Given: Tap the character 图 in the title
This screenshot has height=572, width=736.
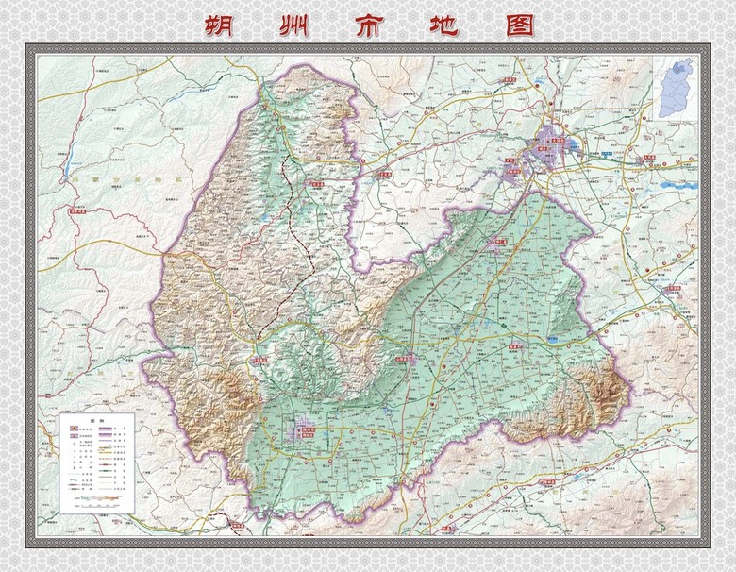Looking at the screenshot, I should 519,25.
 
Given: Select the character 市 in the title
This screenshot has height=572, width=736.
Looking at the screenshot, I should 370,25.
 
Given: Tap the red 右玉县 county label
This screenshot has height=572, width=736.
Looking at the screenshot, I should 315,185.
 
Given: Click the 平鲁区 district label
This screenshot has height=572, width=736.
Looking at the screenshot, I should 261,360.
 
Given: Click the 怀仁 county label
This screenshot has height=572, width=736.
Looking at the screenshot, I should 497,243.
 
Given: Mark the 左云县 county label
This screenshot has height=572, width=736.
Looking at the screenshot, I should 383,175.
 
